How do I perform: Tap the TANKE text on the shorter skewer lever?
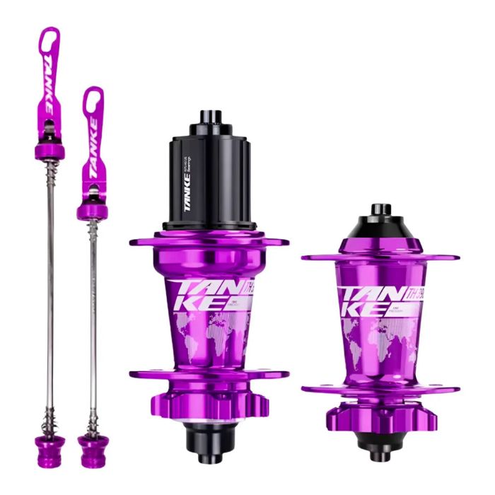pos(92,140)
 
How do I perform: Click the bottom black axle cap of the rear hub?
pos(210,442)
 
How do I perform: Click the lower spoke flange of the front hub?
pos(380,389)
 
